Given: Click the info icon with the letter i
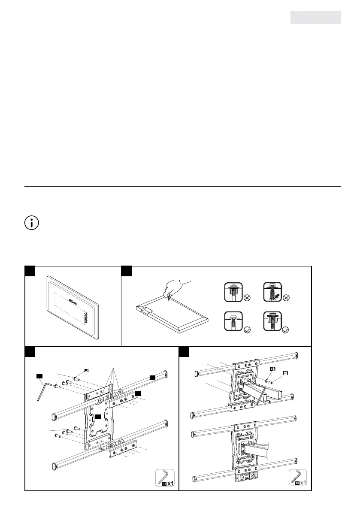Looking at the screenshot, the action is (x=31, y=224).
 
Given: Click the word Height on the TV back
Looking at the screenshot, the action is (x=86, y=317).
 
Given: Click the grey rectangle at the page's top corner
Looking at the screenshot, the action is (x=315, y=18).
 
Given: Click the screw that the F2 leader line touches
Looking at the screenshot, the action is (x=76, y=379).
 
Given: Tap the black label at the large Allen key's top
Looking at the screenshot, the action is (x=40, y=376).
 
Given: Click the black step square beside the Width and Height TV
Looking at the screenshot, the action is (x=30, y=272).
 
